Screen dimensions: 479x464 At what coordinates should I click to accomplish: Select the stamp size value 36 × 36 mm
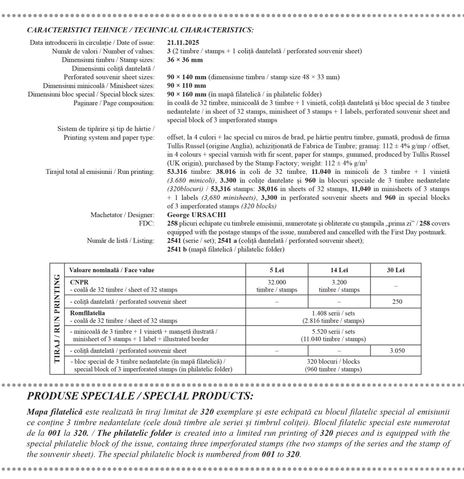click(185, 60)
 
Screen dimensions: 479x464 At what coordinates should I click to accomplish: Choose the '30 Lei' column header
click(395, 270)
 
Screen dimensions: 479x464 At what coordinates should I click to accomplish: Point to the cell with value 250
click(395, 301)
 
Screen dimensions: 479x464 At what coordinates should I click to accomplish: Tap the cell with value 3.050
click(395, 351)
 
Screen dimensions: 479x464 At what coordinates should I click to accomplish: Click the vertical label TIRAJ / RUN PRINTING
click(58, 319)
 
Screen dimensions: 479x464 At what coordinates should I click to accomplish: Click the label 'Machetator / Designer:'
click(122, 215)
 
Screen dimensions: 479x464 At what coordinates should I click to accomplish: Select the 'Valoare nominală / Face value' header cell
click(111, 270)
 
